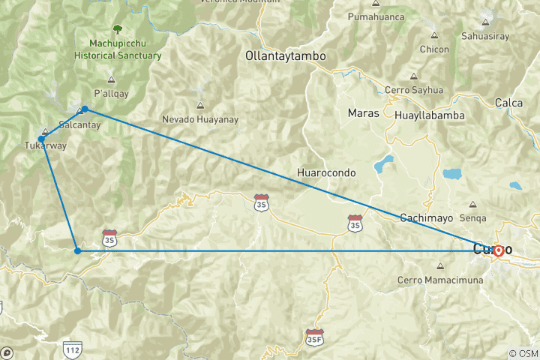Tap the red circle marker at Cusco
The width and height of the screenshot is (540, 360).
[x=498, y=250]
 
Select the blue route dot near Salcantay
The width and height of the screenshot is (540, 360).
[x=85, y=109]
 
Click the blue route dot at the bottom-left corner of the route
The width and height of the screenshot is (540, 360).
[x=77, y=250]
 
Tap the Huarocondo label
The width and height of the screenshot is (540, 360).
[x=326, y=172]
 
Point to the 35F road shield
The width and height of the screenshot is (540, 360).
[x=315, y=337]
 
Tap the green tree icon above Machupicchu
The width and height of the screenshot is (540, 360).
[x=117, y=30]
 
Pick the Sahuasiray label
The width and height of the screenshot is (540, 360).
[x=507, y=34]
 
